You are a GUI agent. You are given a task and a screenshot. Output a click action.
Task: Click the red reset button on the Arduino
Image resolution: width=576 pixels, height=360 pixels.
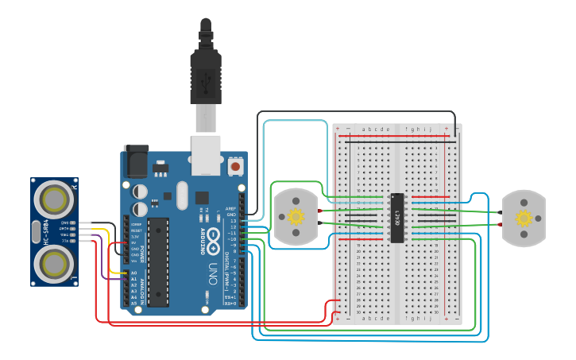pyautogui.click(x=235, y=167)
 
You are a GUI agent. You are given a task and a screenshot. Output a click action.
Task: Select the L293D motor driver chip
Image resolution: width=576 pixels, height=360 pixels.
pyautogui.click(x=397, y=217)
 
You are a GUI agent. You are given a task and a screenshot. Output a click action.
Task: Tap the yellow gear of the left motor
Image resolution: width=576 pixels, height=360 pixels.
pyautogui.click(x=296, y=217)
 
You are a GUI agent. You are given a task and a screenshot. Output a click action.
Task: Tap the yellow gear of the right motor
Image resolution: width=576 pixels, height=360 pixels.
pyautogui.click(x=523, y=218)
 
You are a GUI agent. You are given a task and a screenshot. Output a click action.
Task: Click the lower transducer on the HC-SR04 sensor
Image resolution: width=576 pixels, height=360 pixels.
pyautogui.click(x=56, y=262)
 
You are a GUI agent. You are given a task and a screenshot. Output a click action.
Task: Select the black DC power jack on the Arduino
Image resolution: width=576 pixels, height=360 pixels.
pyautogui.click(x=135, y=163)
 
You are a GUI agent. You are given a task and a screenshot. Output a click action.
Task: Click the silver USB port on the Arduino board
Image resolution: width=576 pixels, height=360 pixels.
pyautogui.click(x=207, y=153)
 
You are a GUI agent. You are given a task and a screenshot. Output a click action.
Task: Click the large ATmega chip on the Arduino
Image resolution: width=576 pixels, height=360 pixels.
pyautogui.click(x=158, y=261)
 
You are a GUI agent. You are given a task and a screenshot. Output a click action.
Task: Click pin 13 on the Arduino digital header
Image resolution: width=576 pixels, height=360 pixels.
pyautogui.click(x=242, y=220)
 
